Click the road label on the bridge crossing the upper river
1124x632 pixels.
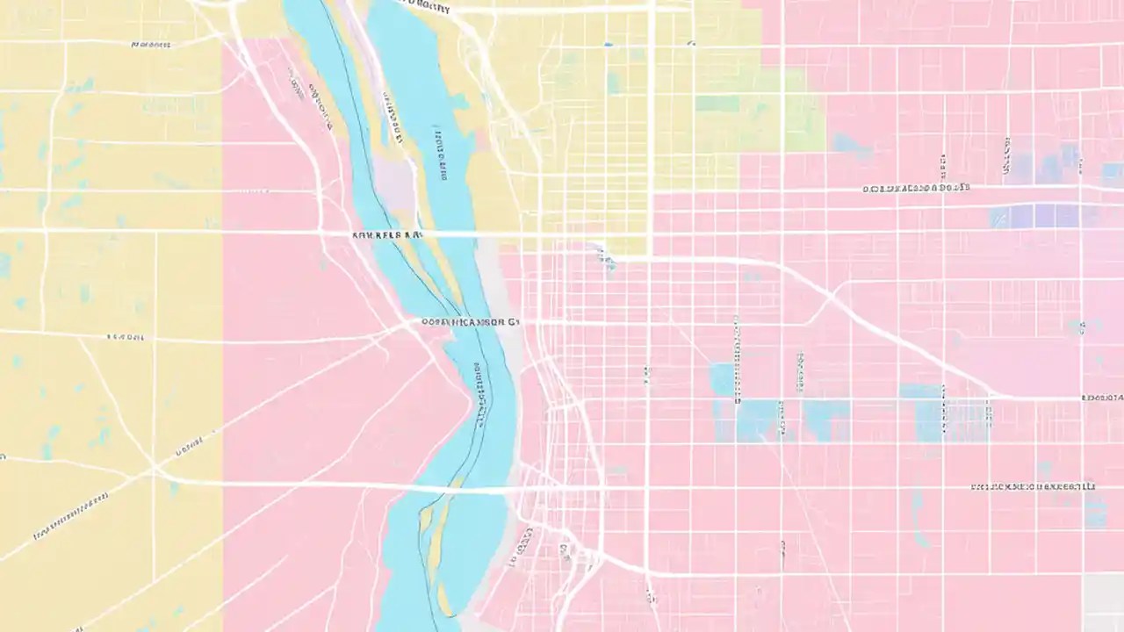click(387, 235)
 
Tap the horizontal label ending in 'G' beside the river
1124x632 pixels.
click(471, 322)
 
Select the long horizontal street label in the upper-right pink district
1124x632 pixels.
click(916, 188)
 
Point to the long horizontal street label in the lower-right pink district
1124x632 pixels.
click(1033, 485)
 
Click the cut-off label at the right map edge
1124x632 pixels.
click(1103, 398)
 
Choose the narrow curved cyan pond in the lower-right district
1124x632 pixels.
click(918, 518)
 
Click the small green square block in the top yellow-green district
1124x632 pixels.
click(717, 104)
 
